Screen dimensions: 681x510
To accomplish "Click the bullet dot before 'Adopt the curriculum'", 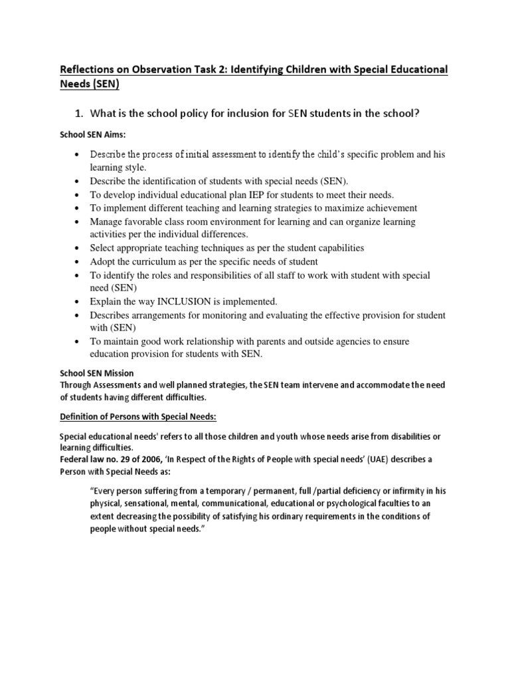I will (x=78, y=261).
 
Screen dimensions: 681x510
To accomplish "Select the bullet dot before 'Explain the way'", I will (x=78, y=301).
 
